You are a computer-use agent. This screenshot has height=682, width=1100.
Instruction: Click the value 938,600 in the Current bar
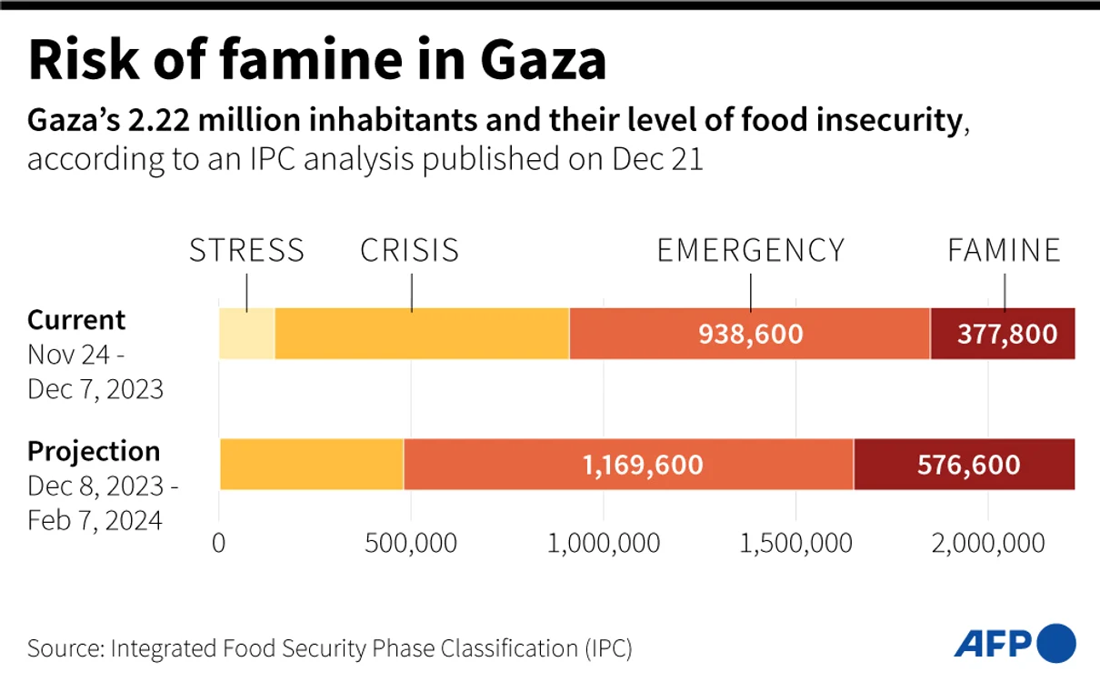pyautogui.click(x=750, y=334)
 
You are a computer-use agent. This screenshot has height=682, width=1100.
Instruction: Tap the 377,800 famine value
pyautogui.click(x=1006, y=334)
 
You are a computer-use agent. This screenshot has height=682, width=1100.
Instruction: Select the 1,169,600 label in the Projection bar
pyautogui.click(x=643, y=465)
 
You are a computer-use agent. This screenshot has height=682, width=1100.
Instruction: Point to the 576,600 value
pyautogui.click(x=968, y=465)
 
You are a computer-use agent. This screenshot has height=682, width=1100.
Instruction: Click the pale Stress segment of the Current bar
pyautogui.click(x=246, y=334)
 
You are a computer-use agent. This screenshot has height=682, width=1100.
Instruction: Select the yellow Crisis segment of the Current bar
pyautogui.click(x=422, y=334)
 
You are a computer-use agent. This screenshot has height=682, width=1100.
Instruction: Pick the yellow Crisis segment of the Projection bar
pyautogui.click(x=312, y=465)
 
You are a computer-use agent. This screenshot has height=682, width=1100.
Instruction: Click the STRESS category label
pyautogui.click(x=246, y=250)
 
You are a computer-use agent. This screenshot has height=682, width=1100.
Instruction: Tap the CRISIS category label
pyautogui.click(x=410, y=250)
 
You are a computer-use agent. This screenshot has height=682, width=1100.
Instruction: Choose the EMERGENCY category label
pyautogui.click(x=750, y=250)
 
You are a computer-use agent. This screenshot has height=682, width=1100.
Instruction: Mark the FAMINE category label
pyautogui.click(x=1004, y=250)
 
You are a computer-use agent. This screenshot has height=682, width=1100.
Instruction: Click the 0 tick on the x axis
pyautogui.click(x=218, y=544)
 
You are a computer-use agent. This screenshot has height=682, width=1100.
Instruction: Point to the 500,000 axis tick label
pyautogui.click(x=411, y=544)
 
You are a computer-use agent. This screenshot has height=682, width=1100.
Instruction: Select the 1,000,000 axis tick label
pyautogui.click(x=604, y=544)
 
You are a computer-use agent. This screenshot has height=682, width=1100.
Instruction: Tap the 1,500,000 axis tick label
pyautogui.click(x=795, y=544)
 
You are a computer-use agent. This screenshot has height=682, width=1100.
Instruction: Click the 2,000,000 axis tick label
pyautogui.click(x=988, y=544)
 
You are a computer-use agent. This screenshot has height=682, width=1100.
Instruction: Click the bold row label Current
pyautogui.click(x=76, y=320)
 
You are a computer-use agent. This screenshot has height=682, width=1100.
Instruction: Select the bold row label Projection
pyautogui.click(x=94, y=452)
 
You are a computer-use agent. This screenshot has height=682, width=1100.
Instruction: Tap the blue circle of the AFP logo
pyautogui.click(x=1056, y=643)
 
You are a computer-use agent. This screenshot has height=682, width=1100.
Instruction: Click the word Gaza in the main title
pyautogui.click(x=544, y=60)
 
